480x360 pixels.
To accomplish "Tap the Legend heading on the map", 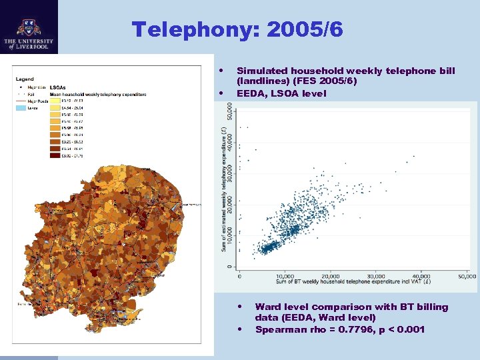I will point(25,79).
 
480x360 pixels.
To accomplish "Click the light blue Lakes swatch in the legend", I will point(21,107).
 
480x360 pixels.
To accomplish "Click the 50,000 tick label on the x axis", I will point(467,276).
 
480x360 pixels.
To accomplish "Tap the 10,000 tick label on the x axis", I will point(285,276).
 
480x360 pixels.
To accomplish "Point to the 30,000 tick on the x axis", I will point(376,276).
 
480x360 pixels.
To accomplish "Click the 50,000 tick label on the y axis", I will point(231,121).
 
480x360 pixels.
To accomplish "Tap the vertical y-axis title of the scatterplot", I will point(224,190).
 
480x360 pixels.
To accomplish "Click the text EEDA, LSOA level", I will point(281,93).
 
